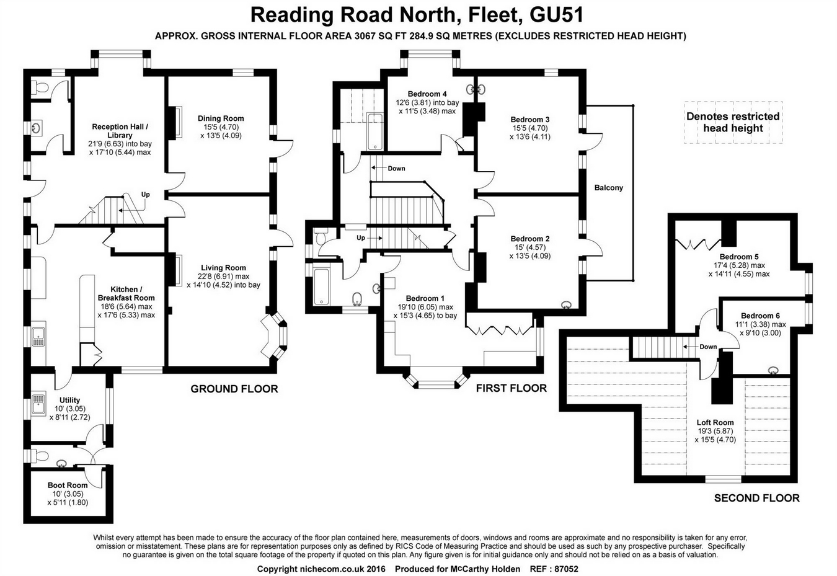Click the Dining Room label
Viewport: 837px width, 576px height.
pos(221,118)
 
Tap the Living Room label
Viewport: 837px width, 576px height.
pos(223,268)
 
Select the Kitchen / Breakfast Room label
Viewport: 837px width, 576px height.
pos(126,293)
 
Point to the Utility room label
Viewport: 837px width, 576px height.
pos(69,401)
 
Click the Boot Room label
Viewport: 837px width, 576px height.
pos(68,485)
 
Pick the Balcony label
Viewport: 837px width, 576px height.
pos(608,187)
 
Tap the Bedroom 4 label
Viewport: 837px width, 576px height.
pos(427,94)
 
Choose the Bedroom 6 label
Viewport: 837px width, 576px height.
pos(760,316)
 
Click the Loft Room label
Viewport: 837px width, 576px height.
pos(715,423)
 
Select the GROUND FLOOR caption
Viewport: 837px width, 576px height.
pos(234,389)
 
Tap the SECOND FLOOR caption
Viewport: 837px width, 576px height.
pos(756,498)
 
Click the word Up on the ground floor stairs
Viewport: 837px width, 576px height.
pos(145,195)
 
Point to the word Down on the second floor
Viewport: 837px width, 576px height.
pos(708,347)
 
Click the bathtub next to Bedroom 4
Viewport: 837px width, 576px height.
pos(375,131)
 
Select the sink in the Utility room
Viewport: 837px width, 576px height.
pos(38,404)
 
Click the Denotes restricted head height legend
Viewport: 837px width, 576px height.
pos(733,122)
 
